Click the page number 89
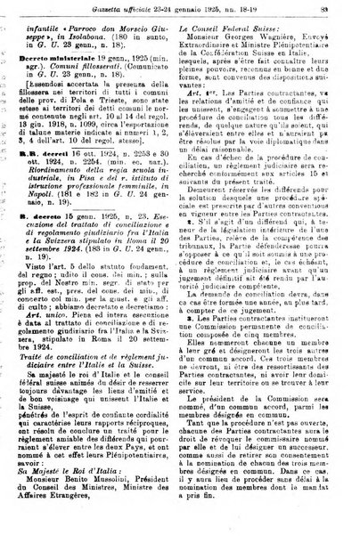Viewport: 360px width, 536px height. click(x=343, y=8)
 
